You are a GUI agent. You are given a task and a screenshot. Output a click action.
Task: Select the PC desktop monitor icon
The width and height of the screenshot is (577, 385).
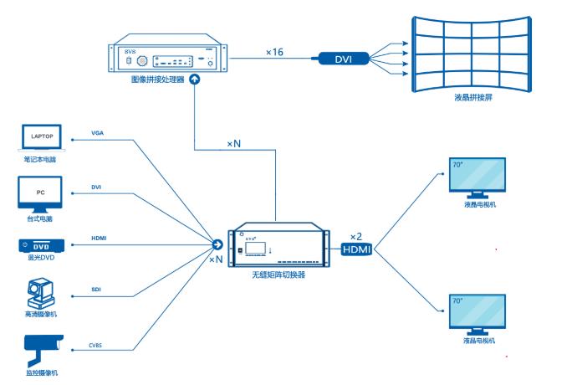coord(41,192)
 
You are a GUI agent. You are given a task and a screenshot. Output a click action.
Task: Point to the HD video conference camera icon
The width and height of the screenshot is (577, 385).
coord(41,295)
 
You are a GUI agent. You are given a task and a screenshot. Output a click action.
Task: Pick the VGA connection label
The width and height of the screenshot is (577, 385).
coord(99,134)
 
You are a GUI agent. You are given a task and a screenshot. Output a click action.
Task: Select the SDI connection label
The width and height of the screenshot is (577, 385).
coord(98,290)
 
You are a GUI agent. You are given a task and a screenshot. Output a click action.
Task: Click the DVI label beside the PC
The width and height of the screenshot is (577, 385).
coord(97,187)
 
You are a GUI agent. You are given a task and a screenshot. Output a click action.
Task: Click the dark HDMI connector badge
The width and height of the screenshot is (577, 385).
coord(358,249)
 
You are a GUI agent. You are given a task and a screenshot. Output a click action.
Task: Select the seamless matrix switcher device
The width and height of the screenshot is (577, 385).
coord(278,248)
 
